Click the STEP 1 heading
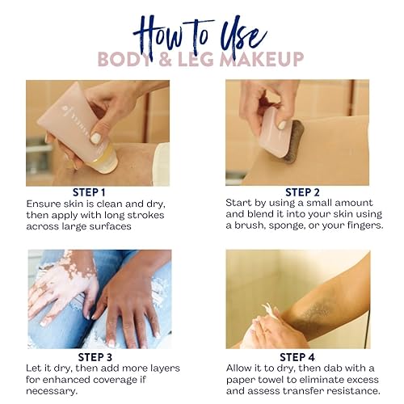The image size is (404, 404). (89, 192)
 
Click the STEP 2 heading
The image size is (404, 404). (302, 192)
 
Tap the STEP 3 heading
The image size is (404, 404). (95, 357)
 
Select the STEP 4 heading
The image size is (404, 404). (297, 357)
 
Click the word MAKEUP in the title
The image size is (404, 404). (262, 59)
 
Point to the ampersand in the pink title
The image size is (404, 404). (165, 59)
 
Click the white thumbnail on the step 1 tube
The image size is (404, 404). (95, 138)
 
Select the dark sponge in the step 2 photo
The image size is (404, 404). (292, 141)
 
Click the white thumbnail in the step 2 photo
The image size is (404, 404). (282, 124)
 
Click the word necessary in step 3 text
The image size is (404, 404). (50, 391)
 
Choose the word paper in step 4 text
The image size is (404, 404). (240, 380)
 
